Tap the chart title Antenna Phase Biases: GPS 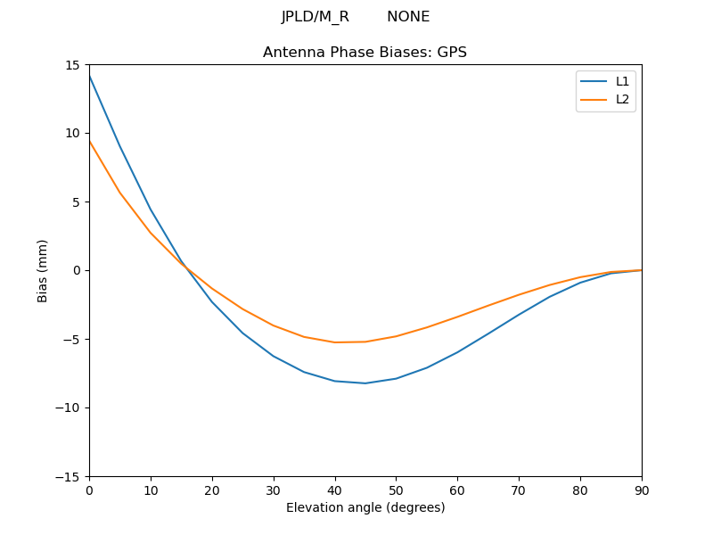tap(365, 53)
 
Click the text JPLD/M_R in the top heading tap(316, 17)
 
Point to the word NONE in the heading tap(408, 17)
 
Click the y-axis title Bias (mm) tap(43, 270)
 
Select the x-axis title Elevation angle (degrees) tap(365, 507)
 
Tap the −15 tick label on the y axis tap(70, 477)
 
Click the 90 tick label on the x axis tap(642, 490)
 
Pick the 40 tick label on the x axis tap(335, 490)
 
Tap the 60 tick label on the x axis tap(457, 490)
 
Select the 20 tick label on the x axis tap(212, 490)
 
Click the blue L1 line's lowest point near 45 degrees tap(365, 383)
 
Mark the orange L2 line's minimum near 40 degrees tap(335, 342)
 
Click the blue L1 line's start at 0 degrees tap(90, 77)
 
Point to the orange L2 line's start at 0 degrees tap(90, 141)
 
